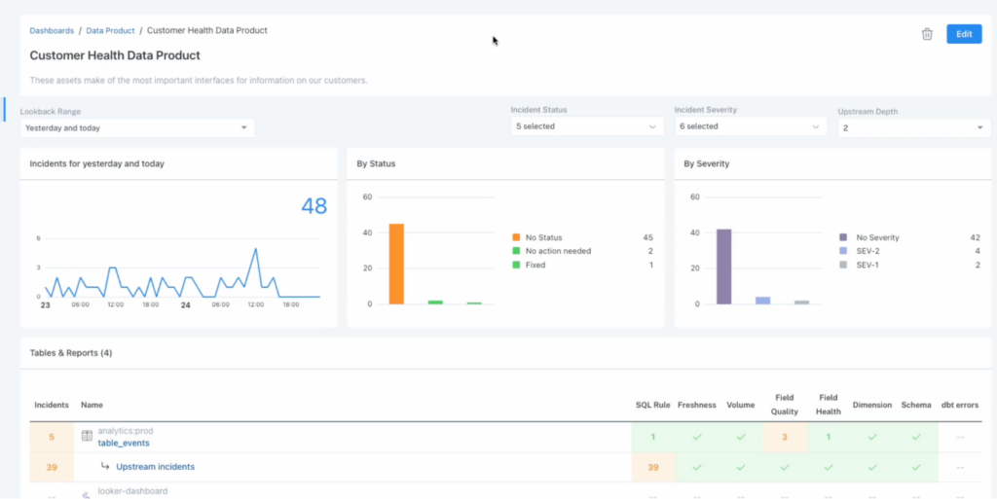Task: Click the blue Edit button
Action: [x=963, y=34]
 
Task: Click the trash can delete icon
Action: [x=927, y=34]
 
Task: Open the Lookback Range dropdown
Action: [x=136, y=127]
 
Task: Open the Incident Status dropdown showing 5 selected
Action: [x=587, y=126]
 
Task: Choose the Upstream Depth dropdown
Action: [x=913, y=127]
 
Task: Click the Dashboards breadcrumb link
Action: [x=52, y=31]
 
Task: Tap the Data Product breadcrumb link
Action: [x=110, y=31]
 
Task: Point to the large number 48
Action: [x=314, y=206]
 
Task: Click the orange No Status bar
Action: [x=396, y=264]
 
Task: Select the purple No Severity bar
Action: [x=723, y=267]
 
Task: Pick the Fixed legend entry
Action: [x=536, y=265]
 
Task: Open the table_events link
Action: [x=124, y=443]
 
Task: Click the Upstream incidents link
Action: [x=155, y=467]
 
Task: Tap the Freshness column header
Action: [x=696, y=405]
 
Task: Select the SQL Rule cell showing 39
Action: [x=653, y=467]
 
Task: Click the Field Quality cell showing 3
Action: [x=784, y=437]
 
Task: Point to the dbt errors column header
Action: [x=960, y=405]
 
